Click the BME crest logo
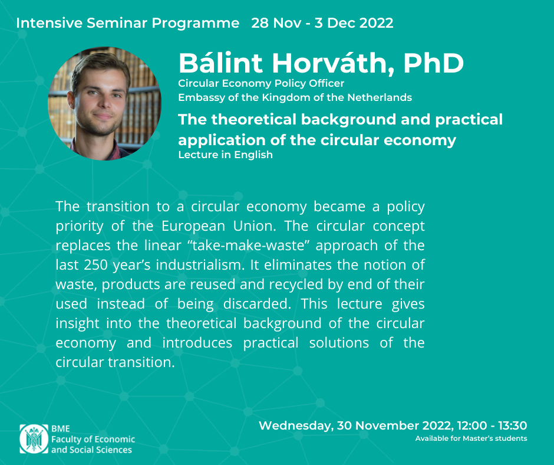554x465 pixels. point(34,439)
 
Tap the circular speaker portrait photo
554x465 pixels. point(104,104)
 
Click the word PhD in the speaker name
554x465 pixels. point(434,63)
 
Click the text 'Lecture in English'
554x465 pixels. point(225,155)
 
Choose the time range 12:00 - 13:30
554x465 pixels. point(492,425)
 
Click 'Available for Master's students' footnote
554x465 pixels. point(471,438)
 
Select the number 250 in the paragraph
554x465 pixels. point(95,265)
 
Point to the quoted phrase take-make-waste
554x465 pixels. point(248,245)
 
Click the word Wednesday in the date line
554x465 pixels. point(296,425)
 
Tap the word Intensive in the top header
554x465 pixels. point(49,23)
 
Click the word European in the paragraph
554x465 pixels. point(193,227)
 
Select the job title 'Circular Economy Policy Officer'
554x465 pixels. point(261,84)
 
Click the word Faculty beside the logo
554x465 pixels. point(65,440)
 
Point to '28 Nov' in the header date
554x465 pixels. point(276,23)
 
